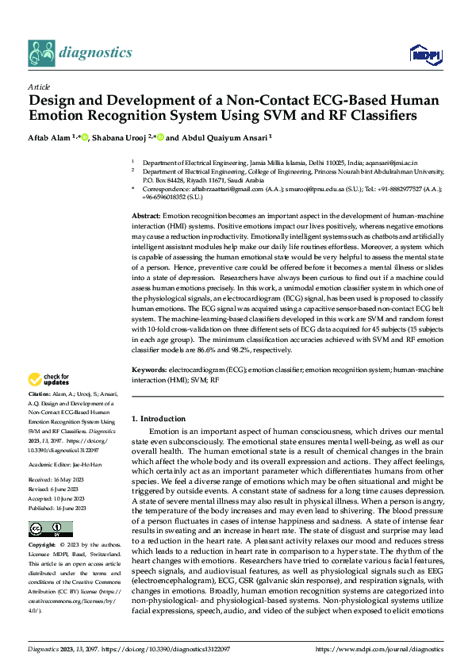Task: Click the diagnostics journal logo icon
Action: point(41,53)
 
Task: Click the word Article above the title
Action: point(39,86)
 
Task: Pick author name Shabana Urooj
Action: point(122,136)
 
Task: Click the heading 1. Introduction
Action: point(158,418)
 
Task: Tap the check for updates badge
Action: point(49,379)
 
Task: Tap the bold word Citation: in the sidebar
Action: point(39,394)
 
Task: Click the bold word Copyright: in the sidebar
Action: point(43,547)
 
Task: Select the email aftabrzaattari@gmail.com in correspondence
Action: point(217,190)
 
